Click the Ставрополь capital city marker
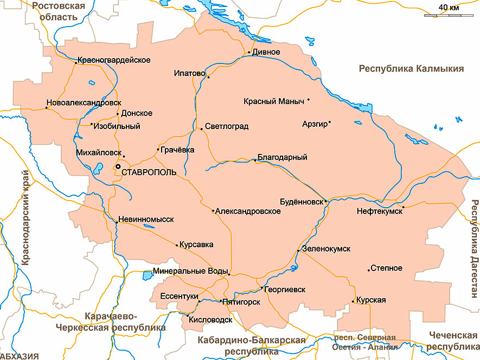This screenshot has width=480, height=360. point(117,166)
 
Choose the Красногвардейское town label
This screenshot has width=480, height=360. point(114,60)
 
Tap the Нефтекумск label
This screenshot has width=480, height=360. point(379,211)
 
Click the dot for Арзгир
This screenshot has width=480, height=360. point(330,121)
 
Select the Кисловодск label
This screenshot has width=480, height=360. point(210,320)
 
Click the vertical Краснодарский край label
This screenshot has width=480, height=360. point(24,217)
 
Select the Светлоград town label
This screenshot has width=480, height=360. point(227,126)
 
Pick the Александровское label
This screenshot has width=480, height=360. point(248,211)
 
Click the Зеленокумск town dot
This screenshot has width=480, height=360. point(298,251)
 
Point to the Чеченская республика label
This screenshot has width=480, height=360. point(452,340)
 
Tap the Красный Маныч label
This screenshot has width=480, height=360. point(274,101)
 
